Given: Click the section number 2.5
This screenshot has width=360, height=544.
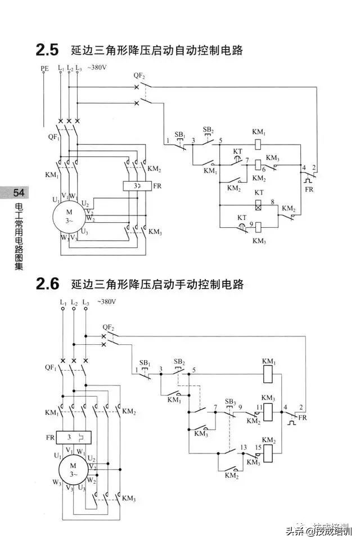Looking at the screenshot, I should (47, 50).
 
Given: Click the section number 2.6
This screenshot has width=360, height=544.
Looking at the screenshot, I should (47, 284).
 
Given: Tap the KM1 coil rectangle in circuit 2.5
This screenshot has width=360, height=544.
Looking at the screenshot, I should (259, 143).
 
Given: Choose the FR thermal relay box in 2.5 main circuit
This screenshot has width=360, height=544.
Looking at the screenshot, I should (135, 185).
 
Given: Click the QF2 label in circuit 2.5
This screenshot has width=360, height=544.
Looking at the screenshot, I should (139, 75).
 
